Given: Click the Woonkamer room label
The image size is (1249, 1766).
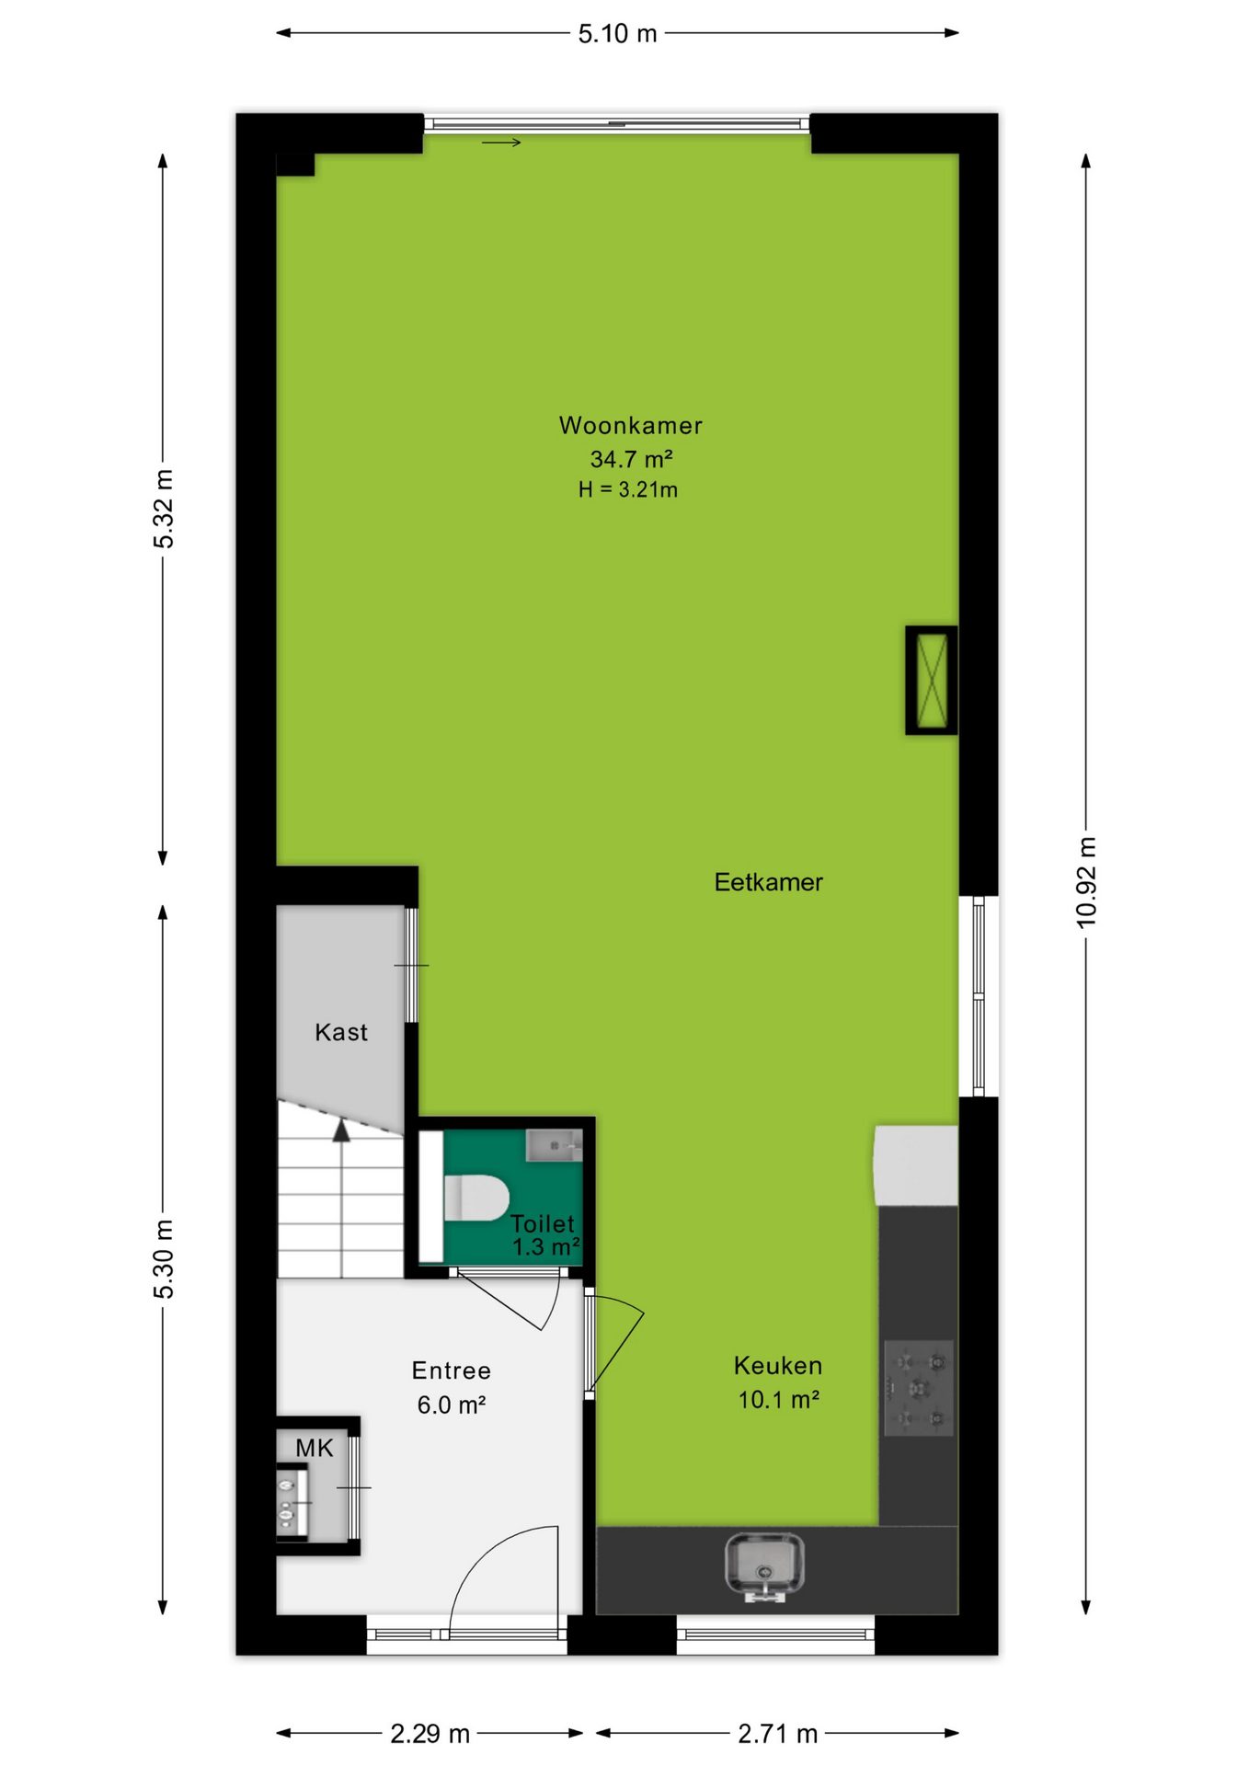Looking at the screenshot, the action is pyautogui.click(x=630, y=425).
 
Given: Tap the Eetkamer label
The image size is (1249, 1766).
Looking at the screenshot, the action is pyautogui.click(x=768, y=882).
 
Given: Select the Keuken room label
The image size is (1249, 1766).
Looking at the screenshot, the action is pyautogui.click(x=778, y=1366).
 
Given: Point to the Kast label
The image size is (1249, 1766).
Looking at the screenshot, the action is pyautogui.click(x=341, y=1032).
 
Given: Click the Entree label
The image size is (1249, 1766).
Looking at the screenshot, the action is pyautogui.click(x=451, y=1370).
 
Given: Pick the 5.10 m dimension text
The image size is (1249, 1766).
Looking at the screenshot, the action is pyautogui.click(x=617, y=34).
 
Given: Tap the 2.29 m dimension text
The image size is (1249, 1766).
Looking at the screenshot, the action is pyautogui.click(x=430, y=1734).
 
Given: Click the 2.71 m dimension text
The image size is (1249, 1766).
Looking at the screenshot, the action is pyautogui.click(x=777, y=1734).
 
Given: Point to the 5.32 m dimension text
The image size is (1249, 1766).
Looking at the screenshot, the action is pyautogui.click(x=163, y=509).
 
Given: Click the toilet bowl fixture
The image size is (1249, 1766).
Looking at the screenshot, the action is pyautogui.click(x=476, y=1198).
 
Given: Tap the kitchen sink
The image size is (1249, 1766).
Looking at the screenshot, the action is pyautogui.click(x=764, y=1566).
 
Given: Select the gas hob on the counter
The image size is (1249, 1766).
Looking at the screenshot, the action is pyautogui.click(x=919, y=1388).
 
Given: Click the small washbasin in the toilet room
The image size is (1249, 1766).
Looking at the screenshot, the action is pyautogui.click(x=555, y=1145).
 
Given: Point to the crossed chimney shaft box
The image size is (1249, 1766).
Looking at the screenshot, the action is pyautogui.click(x=932, y=681).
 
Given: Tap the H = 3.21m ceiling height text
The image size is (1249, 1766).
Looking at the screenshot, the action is pyautogui.click(x=628, y=490).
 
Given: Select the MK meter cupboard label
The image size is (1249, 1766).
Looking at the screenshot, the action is pyautogui.click(x=315, y=1449).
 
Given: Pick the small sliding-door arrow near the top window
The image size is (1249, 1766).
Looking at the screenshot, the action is pyautogui.click(x=501, y=143).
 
